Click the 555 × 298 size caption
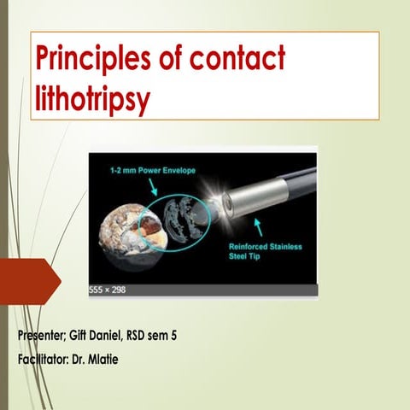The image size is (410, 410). click(x=107, y=290)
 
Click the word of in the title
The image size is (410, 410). click(x=172, y=60)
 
